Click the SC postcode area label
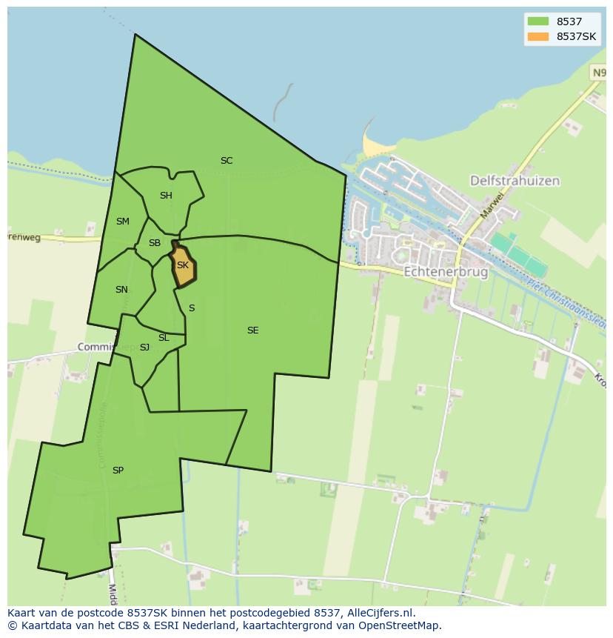click(227, 161)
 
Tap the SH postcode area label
click(166, 196)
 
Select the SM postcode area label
click(123, 222)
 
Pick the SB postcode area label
click(155, 243)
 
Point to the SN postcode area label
click(121, 290)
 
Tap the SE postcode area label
click(253, 330)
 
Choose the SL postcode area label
click(164, 338)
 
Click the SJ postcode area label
click(144, 348)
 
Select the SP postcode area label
click(118, 471)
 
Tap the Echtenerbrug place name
click(446, 272)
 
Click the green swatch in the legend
click(538, 22)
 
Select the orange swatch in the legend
click(538, 37)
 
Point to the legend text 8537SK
click(577, 37)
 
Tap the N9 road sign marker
click(598, 72)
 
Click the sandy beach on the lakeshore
click(373, 145)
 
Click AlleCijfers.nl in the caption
click(381, 613)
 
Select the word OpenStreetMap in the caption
click(397, 625)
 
